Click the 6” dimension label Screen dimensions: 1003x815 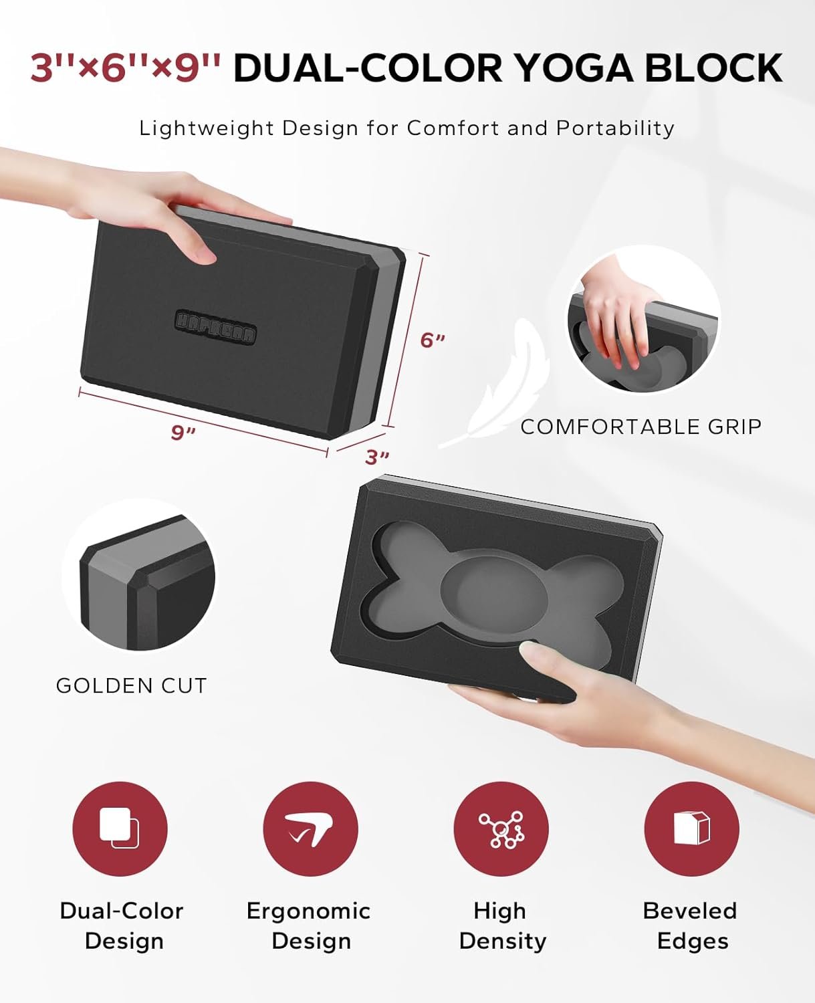coord(432,340)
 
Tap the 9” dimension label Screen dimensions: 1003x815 coord(183,433)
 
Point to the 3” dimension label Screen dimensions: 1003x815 coord(377,457)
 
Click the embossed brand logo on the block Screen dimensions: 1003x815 coord(215,327)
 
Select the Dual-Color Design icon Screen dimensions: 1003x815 coord(120,828)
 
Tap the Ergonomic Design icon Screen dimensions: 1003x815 coord(310,828)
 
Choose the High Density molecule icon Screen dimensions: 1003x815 coord(501,828)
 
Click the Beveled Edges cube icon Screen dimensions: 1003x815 coord(691,828)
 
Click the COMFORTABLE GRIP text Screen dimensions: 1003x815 coord(641,427)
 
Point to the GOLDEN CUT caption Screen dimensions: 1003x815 coord(131,685)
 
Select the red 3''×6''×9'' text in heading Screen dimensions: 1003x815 coord(126,68)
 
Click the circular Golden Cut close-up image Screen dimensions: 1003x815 coord(139,576)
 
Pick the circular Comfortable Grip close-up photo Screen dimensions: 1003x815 coord(644,320)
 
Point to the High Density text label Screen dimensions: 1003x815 coord(501,925)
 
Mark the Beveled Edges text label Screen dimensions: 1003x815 coord(691,925)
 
